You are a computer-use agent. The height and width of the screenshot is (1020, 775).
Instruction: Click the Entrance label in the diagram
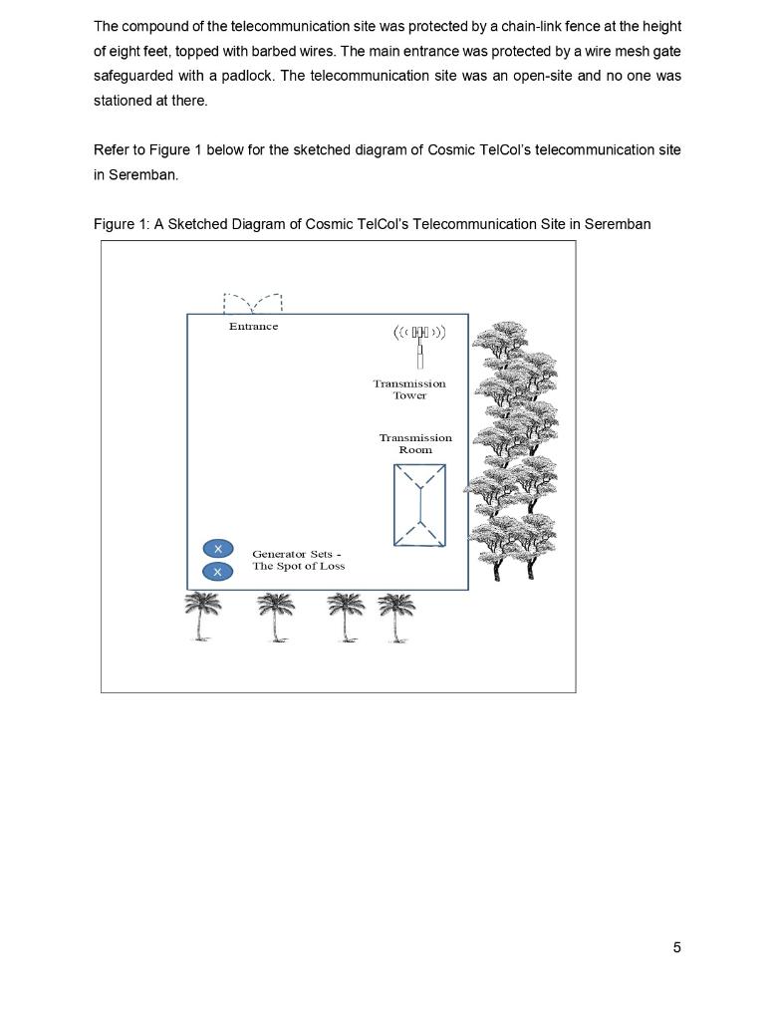click(x=253, y=327)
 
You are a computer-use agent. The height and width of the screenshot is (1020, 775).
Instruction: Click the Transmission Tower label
click(x=409, y=389)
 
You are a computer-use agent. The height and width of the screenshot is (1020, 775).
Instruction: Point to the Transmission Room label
click(x=415, y=444)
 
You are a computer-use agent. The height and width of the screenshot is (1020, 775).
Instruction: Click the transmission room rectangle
click(x=419, y=505)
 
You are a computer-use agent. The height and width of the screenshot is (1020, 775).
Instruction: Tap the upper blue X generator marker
click(x=217, y=549)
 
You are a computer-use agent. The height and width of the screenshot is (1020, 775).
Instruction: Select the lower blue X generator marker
click(x=217, y=572)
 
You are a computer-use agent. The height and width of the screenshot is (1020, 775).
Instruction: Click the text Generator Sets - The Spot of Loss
click(x=298, y=560)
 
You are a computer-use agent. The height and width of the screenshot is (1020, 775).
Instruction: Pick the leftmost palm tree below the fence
click(x=203, y=616)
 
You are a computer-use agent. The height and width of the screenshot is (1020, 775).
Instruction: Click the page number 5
click(x=677, y=947)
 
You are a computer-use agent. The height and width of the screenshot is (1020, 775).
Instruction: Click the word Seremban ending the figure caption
click(x=618, y=224)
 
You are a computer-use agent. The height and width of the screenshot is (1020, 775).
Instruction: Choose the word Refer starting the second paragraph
click(x=111, y=150)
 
